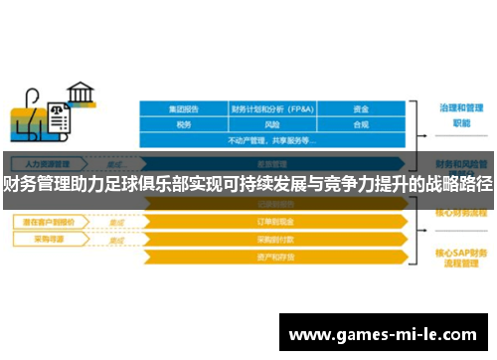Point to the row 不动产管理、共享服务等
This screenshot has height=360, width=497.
point(272,141)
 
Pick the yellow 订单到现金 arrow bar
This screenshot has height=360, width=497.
point(273,223)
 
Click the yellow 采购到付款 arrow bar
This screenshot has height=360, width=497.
point(273,240)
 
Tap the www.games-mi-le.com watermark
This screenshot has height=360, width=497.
point(382,335)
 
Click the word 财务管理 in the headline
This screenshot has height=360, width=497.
point(30,185)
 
